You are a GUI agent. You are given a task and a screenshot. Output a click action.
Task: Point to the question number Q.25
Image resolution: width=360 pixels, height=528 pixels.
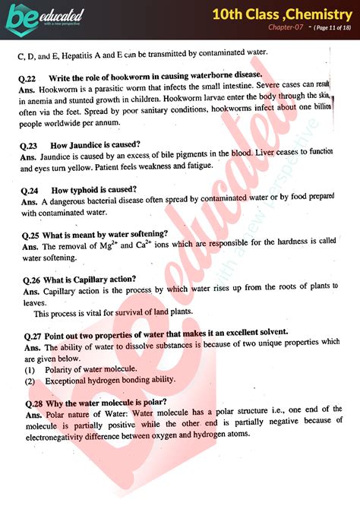coord(31,234)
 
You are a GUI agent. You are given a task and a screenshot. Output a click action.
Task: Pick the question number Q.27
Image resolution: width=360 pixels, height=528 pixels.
coord(31,332)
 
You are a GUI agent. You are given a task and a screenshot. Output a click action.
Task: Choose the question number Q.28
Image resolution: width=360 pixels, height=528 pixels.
coord(31,403)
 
